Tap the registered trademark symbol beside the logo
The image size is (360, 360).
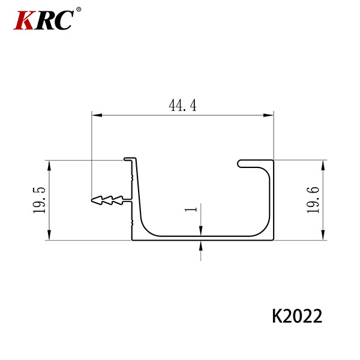pyautogui.click(x=79, y=10)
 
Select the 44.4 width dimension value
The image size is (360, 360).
pyautogui.click(x=183, y=106)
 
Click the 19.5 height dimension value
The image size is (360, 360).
pyautogui.click(x=39, y=200)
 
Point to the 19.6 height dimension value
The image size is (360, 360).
pyautogui.click(x=313, y=200)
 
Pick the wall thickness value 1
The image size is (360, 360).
pyautogui.click(x=191, y=209)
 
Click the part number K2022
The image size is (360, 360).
pyautogui.click(x=297, y=316)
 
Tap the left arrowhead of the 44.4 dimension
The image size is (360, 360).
pyautogui.click(x=97, y=115)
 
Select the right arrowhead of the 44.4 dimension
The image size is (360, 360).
pyautogui.click(x=268, y=115)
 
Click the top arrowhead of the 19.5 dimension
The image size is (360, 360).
pyautogui.click(x=49, y=166)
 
